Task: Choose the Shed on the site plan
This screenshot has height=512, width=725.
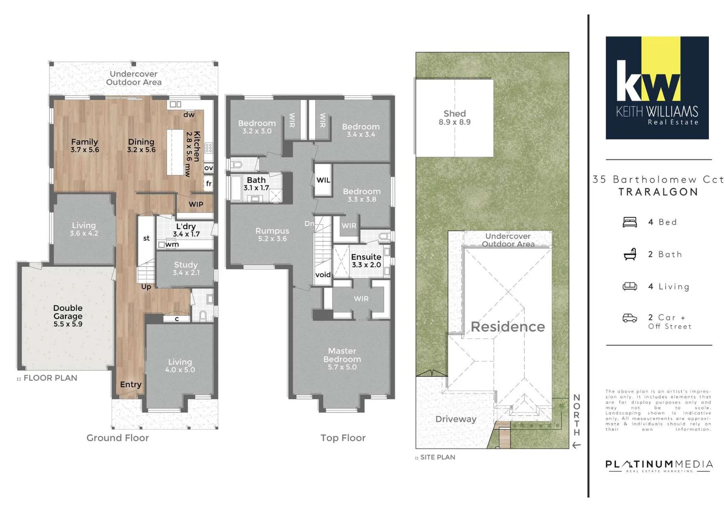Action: coord(454,118)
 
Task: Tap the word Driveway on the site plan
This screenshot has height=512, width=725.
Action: coord(456,419)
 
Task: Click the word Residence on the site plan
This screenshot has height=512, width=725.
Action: coord(507,327)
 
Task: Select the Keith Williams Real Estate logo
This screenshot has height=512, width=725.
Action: coord(657,88)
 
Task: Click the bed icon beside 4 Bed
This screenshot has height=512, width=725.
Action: coord(629,222)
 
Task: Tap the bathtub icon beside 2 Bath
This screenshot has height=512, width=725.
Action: coord(629,255)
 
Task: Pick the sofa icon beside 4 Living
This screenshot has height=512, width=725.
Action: coord(629,286)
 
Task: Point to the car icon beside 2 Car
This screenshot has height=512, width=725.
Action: coord(629,318)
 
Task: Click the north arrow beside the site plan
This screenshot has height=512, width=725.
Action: coord(576,445)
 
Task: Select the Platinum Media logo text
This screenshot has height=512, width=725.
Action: coord(659,465)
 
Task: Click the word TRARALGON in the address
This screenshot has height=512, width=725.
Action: coord(658,192)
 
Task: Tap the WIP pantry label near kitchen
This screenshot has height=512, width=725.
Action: coord(196,204)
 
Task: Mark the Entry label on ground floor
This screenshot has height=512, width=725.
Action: coord(130,384)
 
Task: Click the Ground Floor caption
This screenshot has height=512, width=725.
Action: coord(118,438)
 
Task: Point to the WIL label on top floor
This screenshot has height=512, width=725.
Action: coord(323,180)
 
